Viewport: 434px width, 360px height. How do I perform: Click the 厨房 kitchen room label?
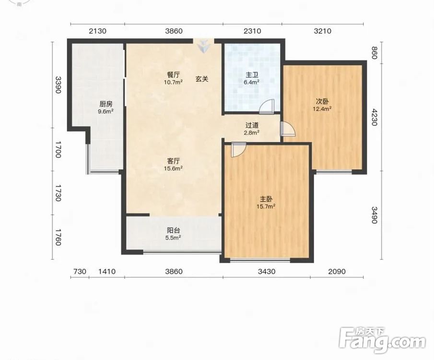(106, 105)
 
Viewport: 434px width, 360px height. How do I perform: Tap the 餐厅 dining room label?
(173, 75)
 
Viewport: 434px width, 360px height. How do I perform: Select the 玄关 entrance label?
(202, 79)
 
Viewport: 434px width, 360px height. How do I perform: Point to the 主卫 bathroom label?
(252, 75)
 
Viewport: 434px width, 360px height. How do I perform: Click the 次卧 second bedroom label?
(322, 101)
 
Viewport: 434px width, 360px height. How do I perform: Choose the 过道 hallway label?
(252, 126)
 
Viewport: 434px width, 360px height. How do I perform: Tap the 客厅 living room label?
(174, 161)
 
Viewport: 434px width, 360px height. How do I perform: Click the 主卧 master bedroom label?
(266, 199)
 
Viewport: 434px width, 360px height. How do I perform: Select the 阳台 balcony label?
(174, 230)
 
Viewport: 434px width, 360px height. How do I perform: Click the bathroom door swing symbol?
(267, 107)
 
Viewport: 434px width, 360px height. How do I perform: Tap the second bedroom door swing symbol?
(288, 129)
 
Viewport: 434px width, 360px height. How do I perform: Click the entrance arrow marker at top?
(204, 46)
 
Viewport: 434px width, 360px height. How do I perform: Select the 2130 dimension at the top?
(97, 31)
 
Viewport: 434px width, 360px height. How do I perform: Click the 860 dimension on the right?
(374, 53)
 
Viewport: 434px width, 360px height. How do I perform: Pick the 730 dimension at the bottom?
(80, 271)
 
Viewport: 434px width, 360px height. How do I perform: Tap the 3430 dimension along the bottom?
(267, 271)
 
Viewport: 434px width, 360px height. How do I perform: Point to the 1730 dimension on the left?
(58, 193)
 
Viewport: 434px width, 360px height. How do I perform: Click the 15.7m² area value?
(266, 206)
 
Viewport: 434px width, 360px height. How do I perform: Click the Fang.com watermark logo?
(382, 340)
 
